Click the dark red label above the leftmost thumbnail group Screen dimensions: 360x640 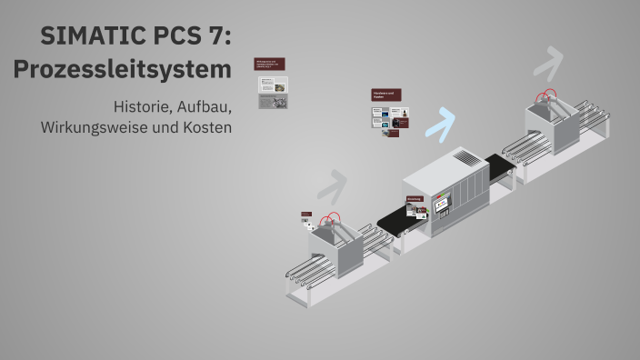(x=270, y=65)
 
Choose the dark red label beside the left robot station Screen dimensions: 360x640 (x=306, y=215)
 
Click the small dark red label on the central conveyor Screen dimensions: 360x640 (x=414, y=199)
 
